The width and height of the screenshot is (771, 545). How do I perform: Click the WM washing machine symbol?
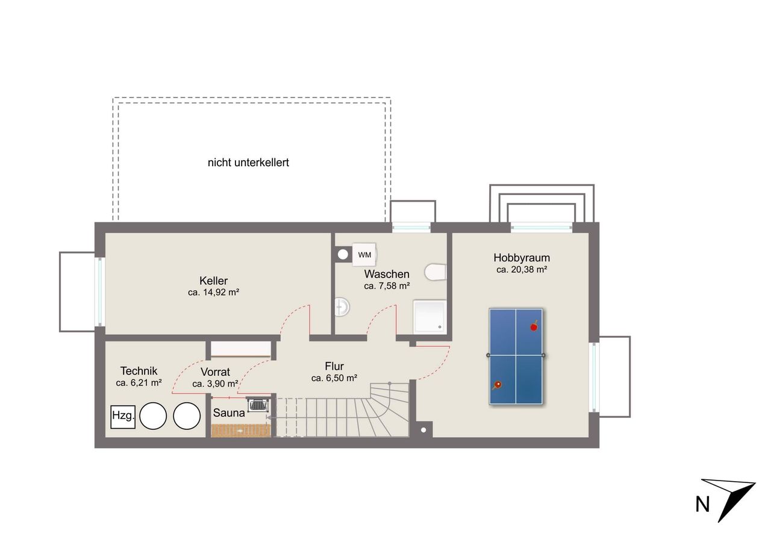pos(364,255)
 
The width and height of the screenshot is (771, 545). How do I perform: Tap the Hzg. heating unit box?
pos(123,417)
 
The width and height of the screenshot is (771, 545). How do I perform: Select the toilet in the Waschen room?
pos(435,272)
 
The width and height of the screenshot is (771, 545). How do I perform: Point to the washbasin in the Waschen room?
pos(342,307)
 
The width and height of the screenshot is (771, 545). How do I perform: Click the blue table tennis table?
pos(516,357)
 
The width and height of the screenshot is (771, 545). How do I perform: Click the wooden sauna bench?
pos(241,431)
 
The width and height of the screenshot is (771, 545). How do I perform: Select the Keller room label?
pos(213,281)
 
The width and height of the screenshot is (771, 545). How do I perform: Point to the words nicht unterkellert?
pos(248,163)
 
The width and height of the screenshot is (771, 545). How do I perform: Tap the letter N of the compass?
pos(702,505)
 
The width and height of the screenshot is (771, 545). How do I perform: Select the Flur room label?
pos(334,366)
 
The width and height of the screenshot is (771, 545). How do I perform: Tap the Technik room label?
pos(139,371)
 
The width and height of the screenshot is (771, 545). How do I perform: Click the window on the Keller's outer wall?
pos(100,291)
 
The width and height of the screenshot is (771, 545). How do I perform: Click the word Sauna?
pos(229,413)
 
